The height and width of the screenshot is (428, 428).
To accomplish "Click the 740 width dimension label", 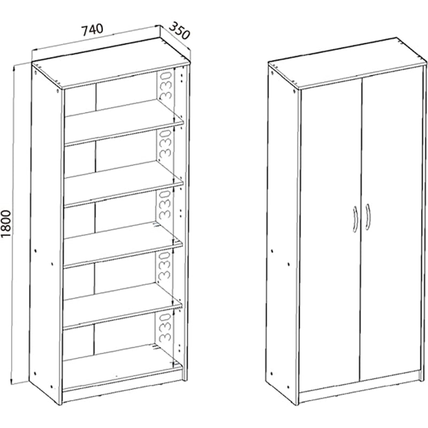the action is [x=93, y=30].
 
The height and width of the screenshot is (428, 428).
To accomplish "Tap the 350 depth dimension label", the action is [x=179, y=30].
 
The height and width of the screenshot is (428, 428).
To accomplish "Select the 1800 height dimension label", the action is [x=6, y=224].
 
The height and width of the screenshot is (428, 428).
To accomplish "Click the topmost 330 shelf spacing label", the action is [x=166, y=86].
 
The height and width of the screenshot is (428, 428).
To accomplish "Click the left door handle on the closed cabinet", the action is [x=355, y=219].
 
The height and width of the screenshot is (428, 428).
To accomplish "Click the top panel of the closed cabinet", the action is [x=347, y=63].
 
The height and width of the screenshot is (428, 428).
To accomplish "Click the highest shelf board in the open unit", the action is [x=124, y=121].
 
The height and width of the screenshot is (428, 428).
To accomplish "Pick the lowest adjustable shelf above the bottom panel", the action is [x=123, y=304].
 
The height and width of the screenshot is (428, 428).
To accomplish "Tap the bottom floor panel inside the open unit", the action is [x=122, y=366].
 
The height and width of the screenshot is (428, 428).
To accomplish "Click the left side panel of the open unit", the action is [x=47, y=233].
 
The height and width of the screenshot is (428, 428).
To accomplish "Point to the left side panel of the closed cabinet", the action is [x=283, y=233].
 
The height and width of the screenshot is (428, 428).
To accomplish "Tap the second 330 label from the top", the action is [x=166, y=144].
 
